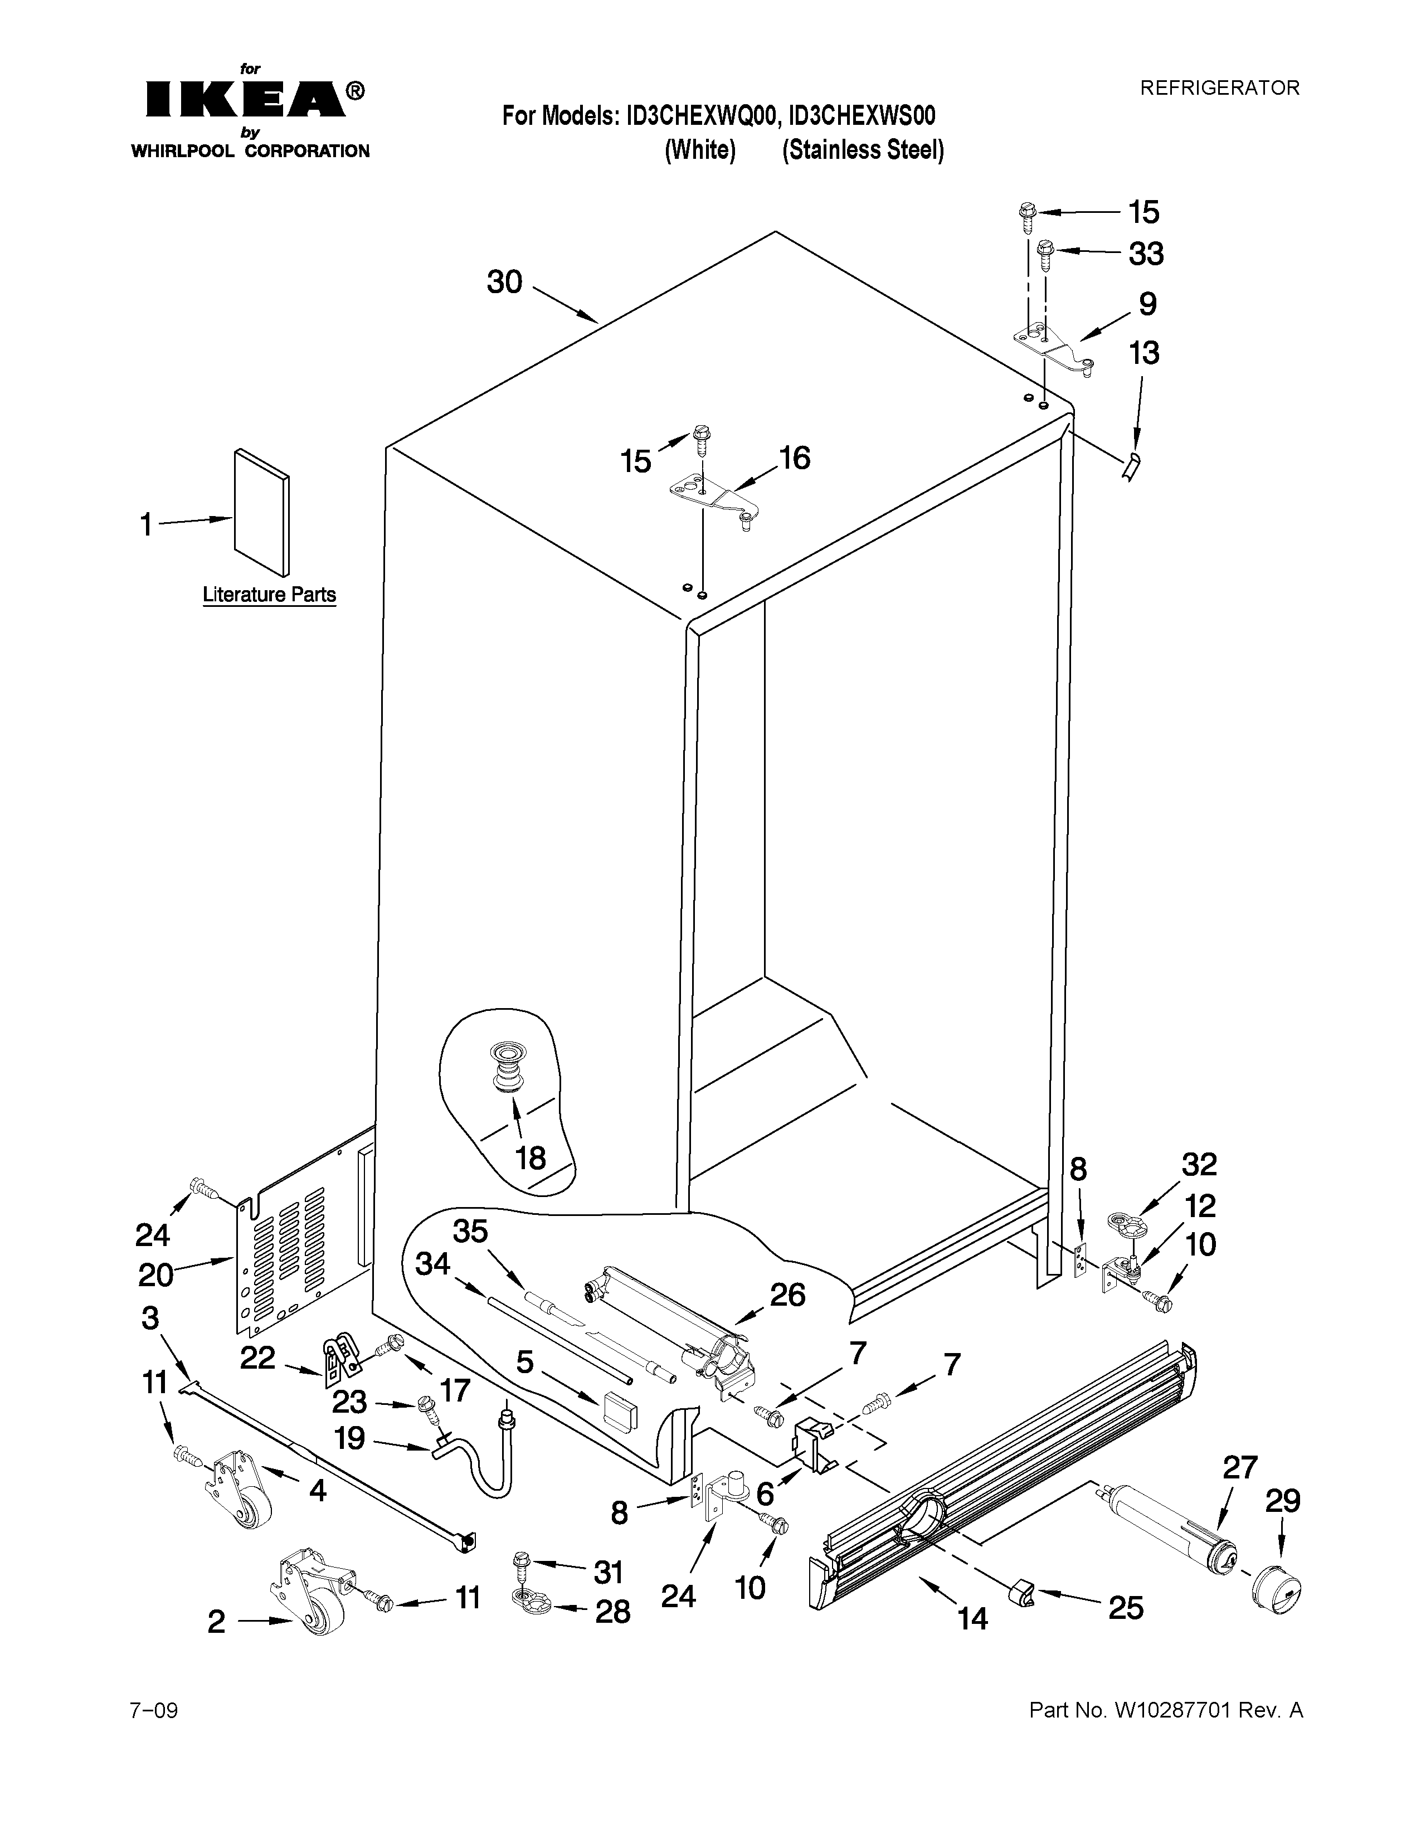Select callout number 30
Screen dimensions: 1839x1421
click(x=505, y=282)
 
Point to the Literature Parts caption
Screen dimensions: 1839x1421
click(x=269, y=595)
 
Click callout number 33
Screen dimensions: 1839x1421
click(x=1146, y=254)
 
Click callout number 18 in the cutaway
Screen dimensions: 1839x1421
click(x=531, y=1158)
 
